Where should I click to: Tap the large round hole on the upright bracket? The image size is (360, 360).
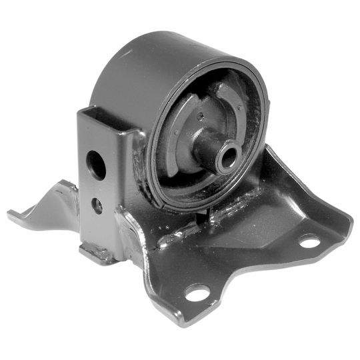[x=96, y=164]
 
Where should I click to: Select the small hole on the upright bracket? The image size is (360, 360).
[x=97, y=206]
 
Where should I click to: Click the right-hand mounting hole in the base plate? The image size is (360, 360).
[x=309, y=241]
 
